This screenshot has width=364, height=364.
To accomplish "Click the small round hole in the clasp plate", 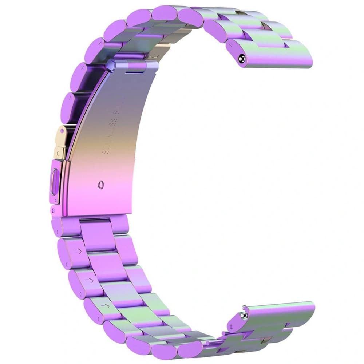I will point(100,185).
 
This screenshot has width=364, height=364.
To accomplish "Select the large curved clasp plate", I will point(109,146).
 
